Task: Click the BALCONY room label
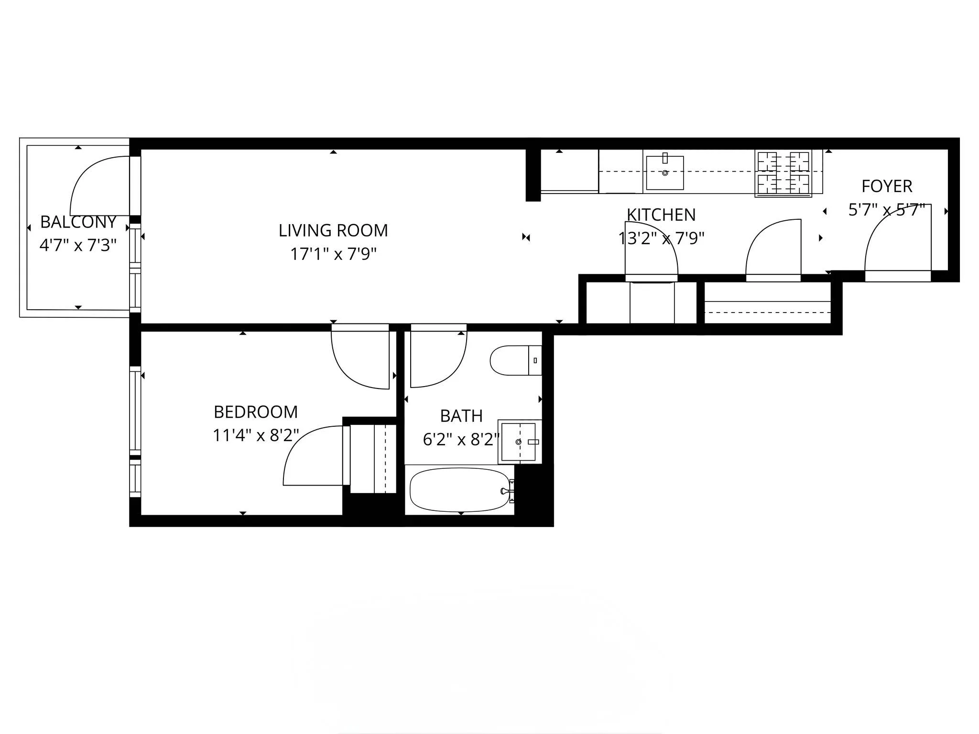tap(78, 222)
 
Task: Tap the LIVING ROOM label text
tap(333, 231)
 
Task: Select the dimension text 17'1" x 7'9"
tap(333, 254)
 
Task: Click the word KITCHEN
tap(661, 215)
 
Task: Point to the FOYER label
tap(887, 186)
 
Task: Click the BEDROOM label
tap(256, 412)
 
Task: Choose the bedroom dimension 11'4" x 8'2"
tap(256, 435)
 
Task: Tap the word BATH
tap(461, 416)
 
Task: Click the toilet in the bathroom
tap(514, 360)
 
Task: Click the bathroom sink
tap(519, 442)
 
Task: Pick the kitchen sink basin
tap(664, 173)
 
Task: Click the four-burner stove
tap(783, 173)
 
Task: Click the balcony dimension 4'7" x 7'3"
tap(78, 246)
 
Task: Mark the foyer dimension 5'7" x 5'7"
tap(887, 210)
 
